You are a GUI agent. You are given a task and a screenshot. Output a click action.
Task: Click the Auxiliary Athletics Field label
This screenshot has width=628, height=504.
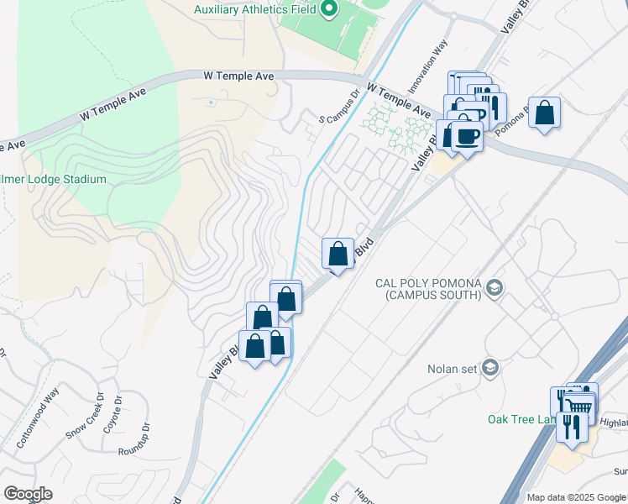coord(254,9)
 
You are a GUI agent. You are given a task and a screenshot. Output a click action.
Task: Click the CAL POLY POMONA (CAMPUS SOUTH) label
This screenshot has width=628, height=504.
coord(428,288)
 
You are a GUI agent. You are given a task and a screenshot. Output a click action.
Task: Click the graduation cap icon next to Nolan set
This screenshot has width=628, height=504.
coord(491,368)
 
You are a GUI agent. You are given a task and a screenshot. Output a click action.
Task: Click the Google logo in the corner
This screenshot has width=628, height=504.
coord(28,494)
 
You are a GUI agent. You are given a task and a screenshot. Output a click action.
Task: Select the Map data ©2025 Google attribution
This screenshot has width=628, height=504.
coord(576,497)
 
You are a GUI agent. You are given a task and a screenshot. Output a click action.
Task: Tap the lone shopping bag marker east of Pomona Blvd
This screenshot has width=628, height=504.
coord(544,113)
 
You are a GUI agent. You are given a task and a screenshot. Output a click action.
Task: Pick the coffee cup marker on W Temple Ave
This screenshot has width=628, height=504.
coord(467,135)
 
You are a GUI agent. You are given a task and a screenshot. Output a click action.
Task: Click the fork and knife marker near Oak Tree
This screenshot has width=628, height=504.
coord(574,425)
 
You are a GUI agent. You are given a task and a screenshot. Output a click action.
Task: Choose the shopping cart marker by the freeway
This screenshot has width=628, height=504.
coord(578,407)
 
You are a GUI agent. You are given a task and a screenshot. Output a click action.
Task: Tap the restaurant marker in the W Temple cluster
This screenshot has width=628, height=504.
coord(490,107)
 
